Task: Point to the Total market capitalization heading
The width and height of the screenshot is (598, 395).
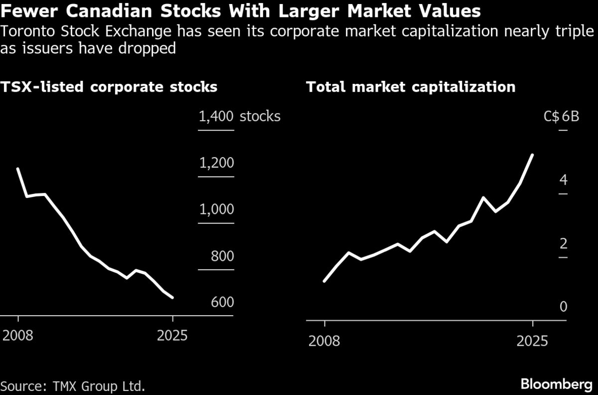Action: (x=411, y=87)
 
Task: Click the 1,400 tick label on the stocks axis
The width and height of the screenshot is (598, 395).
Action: (x=216, y=117)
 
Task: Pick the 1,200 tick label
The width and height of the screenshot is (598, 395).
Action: (x=216, y=163)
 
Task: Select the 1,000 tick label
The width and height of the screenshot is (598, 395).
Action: (x=216, y=209)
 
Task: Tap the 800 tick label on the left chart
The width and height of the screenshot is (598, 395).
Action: (x=221, y=256)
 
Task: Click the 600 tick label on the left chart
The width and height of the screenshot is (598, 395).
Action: (x=221, y=303)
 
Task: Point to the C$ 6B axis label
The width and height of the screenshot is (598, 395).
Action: (x=561, y=117)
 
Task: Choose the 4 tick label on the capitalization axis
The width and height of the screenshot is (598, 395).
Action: (x=563, y=180)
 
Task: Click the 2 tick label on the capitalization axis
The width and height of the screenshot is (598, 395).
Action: (x=563, y=243)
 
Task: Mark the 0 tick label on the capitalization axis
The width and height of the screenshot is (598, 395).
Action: (x=563, y=307)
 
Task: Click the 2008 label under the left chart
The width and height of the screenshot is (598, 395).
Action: (x=18, y=335)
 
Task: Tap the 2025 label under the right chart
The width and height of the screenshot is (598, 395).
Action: (x=532, y=341)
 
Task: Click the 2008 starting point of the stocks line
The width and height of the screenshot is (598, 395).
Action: (x=18, y=169)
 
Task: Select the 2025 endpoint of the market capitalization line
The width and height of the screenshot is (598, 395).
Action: (x=533, y=155)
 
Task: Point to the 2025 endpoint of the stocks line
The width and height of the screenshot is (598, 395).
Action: (x=172, y=298)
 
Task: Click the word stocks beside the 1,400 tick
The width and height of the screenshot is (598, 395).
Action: (x=260, y=117)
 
